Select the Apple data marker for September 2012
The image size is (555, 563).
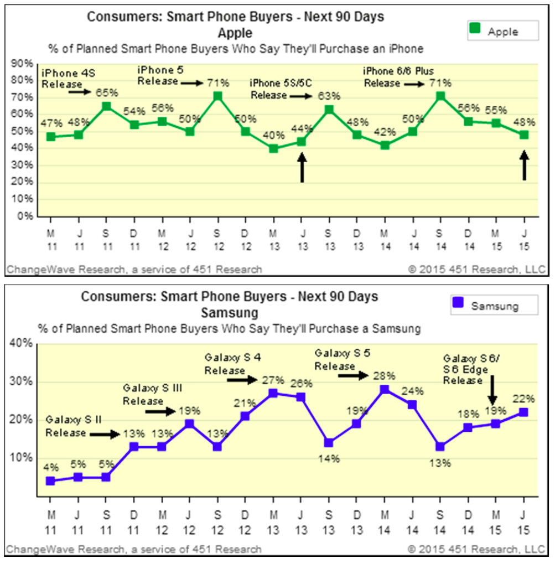[217, 96]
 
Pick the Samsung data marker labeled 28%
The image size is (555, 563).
[385, 389]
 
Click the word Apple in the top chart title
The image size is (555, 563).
[235, 33]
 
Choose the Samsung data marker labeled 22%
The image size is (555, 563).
[524, 412]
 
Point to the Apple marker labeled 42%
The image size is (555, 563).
[385, 145]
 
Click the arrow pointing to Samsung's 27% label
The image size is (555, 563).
[243, 380]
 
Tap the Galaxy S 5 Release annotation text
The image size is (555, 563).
[339, 359]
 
